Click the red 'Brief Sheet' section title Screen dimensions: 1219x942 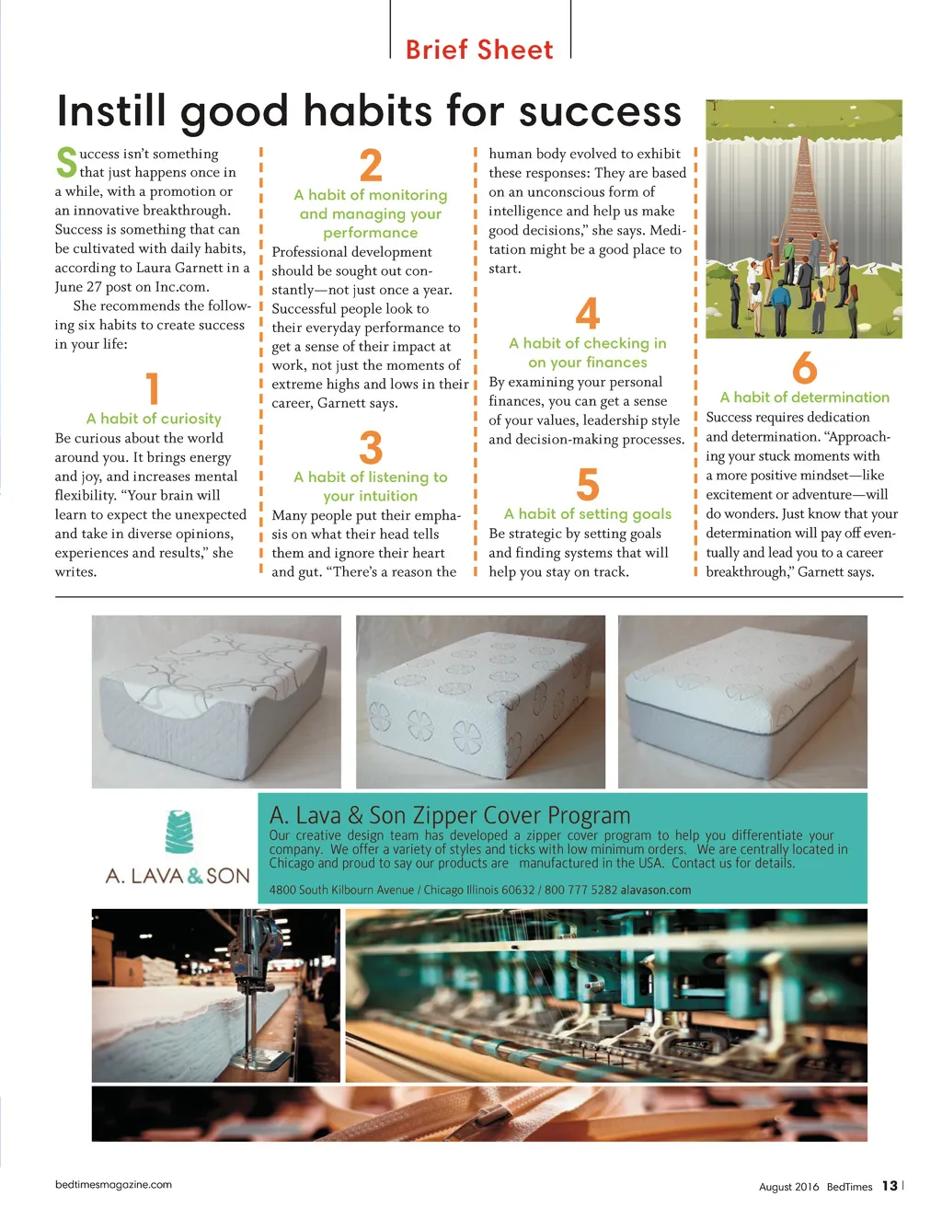coord(479,50)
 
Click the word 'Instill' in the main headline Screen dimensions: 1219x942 coord(112,111)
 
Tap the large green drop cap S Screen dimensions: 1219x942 coord(66,162)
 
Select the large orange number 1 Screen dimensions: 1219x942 coord(153,388)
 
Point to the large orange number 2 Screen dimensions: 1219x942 coord(371,166)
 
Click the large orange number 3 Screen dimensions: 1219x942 coord(371,448)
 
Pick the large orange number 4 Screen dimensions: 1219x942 coord(588,314)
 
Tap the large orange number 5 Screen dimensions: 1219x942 coord(588,485)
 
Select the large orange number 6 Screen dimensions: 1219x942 coord(804,368)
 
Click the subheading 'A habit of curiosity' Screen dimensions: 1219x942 coord(154,419)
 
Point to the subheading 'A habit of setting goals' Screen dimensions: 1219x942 coord(588,514)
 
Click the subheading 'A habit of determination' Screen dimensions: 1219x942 coord(804,397)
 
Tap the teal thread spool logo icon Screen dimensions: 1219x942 coord(179,833)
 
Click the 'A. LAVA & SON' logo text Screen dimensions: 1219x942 coord(178,876)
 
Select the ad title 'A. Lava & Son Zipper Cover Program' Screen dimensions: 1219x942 coord(450,815)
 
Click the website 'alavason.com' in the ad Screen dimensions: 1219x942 coord(656,891)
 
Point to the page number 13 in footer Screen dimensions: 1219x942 coord(890,1186)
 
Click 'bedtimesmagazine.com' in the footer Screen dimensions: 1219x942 coord(113,1185)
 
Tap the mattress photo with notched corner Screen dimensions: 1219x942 coord(216,702)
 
